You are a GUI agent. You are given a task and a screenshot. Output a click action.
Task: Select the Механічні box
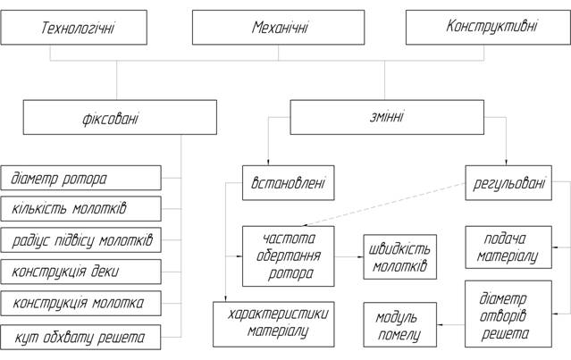[x=279, y=29]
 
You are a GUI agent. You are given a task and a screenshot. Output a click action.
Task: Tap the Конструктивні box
[x=491, y=27]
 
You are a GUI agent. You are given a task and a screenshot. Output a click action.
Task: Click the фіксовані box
[x=120, y=117]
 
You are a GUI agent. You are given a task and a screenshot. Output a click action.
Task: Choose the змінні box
[x=386, y=117]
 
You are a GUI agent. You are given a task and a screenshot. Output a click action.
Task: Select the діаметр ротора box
[x=81, y=178]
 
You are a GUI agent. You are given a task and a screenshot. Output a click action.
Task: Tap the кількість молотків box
[x=81, y=209]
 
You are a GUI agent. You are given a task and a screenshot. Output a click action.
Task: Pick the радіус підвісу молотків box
[x=81, y=240]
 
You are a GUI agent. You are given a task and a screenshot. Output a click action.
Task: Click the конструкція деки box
[x=81, y=272]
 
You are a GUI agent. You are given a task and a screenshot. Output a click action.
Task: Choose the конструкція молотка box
[x=81, y=303]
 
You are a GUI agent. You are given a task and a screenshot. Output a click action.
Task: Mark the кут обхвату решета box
[x=81, y=337]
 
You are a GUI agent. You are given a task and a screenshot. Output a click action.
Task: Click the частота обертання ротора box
[x=288, y=256]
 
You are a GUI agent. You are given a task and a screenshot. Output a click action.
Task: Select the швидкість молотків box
[x=400, y=257]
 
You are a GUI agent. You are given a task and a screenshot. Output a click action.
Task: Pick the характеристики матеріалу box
[x=273, y=324]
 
